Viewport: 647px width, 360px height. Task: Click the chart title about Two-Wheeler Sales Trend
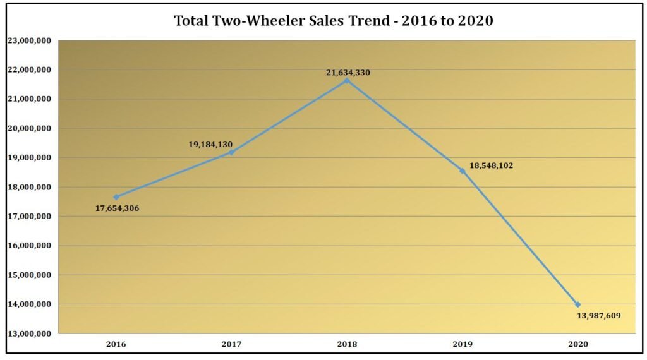[x=334, y=21]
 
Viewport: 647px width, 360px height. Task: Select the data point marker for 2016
[x=116, y=197]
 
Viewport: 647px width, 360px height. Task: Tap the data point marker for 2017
[x=231, y=152]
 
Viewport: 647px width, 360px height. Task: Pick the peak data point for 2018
[x=347, y=80]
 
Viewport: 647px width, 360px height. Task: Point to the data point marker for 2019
[x=463, y=171]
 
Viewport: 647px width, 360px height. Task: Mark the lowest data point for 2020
[x=577, y=304]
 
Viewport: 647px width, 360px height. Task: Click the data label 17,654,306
[x=117, y=208]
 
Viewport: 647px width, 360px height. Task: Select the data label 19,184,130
[x=210, y=144]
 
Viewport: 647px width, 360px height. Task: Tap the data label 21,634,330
[x=348, y=72]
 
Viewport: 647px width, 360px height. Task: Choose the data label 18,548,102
[x=491, y=165]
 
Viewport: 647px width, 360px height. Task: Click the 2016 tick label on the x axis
[x=116, y=345]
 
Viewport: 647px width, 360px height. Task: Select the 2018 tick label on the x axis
[x=347, y=345]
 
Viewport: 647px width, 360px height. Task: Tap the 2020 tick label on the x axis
[x=577, y=345]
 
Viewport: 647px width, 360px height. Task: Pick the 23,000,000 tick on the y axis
[x=30, y=40]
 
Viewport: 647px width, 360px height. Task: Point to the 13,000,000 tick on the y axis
[x=30, y=333]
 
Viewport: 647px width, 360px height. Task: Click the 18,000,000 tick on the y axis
[x=30, y=187]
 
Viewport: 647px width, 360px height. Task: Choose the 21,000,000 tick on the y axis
[x=30, y=99]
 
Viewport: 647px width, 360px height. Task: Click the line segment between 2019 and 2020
[x=520, y=237]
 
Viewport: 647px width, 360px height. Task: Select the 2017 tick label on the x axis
[x=231, y=345]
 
